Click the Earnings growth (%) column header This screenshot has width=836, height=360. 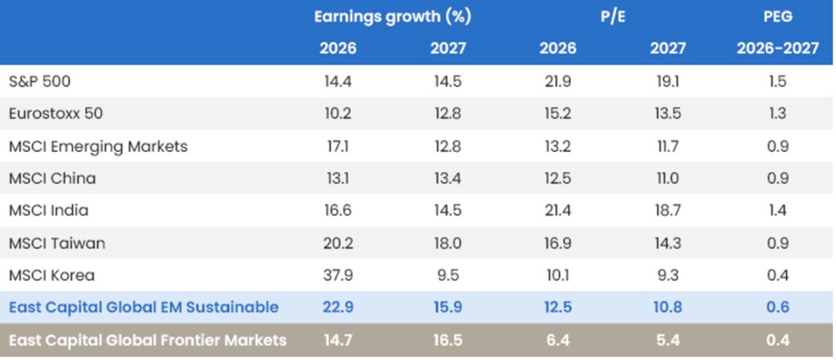pyautogui.click(x=393, y=16)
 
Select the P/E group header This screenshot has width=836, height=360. pyautogui.click(x=613, y=16)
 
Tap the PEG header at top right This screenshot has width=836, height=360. pyautogui.click(x=777, y=16)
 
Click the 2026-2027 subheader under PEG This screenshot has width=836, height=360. pyautogui.click(x=777, y=48)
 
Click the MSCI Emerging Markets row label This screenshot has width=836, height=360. pyautogui.click(x=98, y=147)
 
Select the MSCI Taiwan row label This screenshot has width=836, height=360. pyautogui.click(x=57, y=242)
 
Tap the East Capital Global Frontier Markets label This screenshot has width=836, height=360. pyautogui.click(x=148, y=340)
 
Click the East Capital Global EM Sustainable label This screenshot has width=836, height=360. pyautogui.click(x=144, y=307)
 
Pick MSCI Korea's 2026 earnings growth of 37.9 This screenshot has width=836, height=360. pyautogui.click(x=338, y=275)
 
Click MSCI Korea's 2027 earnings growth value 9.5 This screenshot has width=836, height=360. pyautogui.click(x=448, y=275)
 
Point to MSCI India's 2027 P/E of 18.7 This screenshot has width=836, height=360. pyautogui.click(x=667, y=211)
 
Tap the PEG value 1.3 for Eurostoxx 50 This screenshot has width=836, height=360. pyautogui.click(x=777, y=114)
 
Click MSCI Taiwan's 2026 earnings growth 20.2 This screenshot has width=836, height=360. pyautogui.click(x=338, y=242)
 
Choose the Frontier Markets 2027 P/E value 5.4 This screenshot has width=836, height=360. pyautogui.click(x=667, y=340)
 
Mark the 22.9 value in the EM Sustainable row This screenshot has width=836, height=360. pyautogui.click(x=338, y=307)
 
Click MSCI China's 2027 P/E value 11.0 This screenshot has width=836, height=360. pyautogui.click(x=667, y=179)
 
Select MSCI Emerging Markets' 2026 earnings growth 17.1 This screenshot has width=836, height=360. pyautogui.click(x=338, y=147)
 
